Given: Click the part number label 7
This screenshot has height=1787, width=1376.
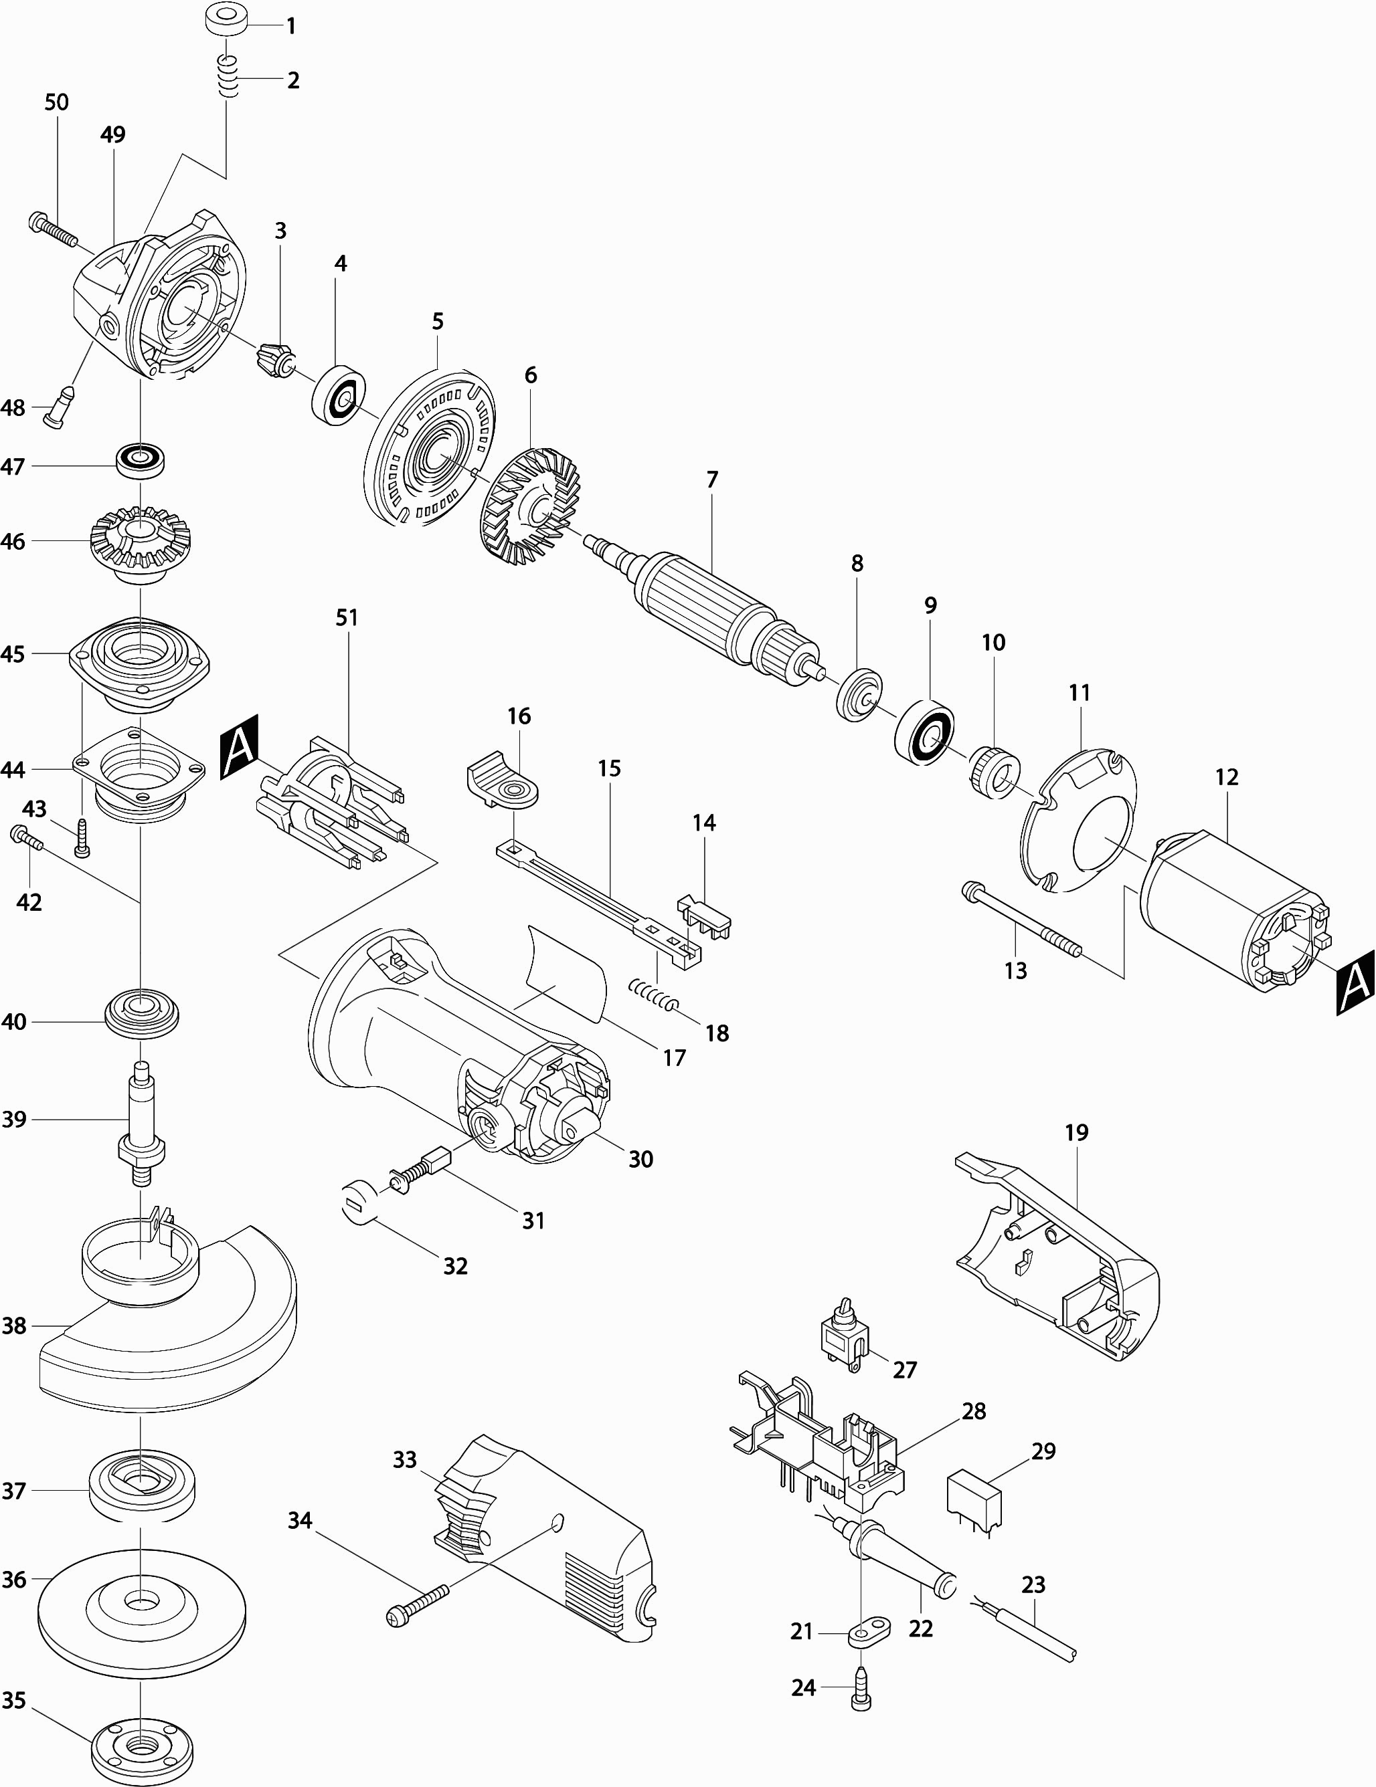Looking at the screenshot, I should [712, 480].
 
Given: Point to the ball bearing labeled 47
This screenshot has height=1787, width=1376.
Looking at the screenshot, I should [141, 461].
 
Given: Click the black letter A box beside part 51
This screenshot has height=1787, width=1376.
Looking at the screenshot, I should [239, 746].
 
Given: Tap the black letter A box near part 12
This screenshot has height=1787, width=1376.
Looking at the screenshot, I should [1355, 982].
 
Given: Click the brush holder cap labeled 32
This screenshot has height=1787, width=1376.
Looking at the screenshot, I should [357, 1205].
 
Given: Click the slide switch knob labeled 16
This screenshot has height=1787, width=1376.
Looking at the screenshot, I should [502, 781].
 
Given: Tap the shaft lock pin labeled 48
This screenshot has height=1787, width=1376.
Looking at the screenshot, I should [61, 406].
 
